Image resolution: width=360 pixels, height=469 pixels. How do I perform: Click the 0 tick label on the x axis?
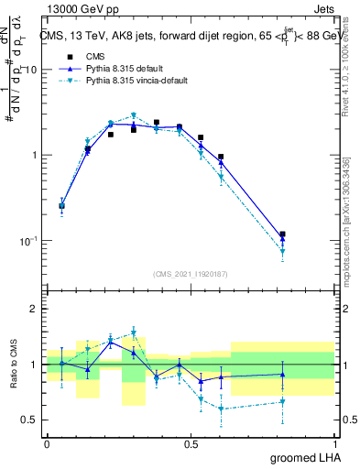pyautogui.click(x=47, y=444)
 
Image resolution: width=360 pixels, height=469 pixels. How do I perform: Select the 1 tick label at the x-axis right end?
pyautogui.click(x=333, y=444)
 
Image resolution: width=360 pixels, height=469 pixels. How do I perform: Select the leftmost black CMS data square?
pyautogui.click(x=61, y=206)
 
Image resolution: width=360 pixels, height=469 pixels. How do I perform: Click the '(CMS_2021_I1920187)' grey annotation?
pyautogui.click(x=191, y=273)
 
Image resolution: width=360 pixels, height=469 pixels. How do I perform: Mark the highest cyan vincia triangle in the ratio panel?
pyautogui.click(x=134, y=333)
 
